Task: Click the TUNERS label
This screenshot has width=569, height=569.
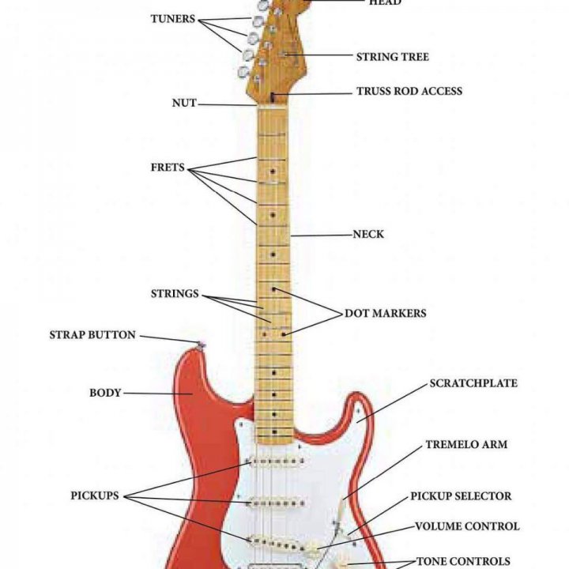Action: (172, 19)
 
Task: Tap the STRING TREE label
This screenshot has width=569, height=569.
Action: (392, 57)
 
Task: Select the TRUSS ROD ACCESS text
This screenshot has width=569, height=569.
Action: (409, 92)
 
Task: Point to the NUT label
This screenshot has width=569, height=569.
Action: (183, 104)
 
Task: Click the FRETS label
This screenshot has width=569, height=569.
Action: (167, 168)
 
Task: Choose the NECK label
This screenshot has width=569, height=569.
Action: (368, 235)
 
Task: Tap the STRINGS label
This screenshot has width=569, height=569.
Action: (175, 294)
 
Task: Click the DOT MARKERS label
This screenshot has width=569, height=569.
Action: (385, 314)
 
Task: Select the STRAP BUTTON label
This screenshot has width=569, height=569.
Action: (92, 335)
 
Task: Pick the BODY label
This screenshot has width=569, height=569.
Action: (105, 392)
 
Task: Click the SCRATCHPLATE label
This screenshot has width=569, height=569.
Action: (473, 383)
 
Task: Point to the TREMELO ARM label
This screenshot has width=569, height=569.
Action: (466, 445)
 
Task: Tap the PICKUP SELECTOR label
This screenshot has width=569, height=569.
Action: (460, 496)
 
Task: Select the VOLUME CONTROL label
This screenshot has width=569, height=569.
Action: (467, 526)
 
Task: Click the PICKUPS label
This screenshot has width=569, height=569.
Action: (94, 496)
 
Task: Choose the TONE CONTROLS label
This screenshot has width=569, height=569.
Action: (463, 561)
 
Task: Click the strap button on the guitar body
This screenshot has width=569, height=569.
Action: (202, 344)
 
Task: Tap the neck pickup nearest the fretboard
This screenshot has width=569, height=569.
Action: (277, 461)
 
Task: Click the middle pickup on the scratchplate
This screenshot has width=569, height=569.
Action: (277, 501)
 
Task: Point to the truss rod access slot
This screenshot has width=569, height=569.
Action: (273, 97)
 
